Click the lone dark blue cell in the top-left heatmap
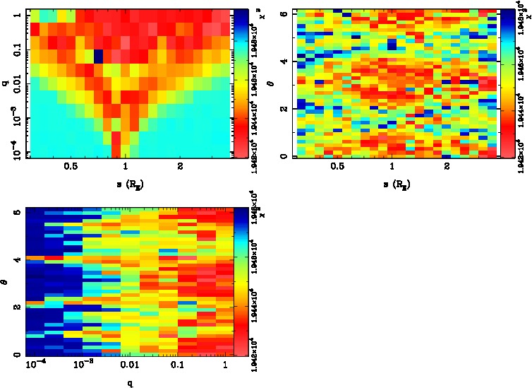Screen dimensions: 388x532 click(99, 56)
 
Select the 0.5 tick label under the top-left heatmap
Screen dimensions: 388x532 click(71, 167)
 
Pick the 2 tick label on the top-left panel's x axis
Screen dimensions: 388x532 click(181, 167)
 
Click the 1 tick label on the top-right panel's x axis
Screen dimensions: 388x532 click(392, 167)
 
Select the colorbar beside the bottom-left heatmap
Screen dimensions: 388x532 click(240, 282)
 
